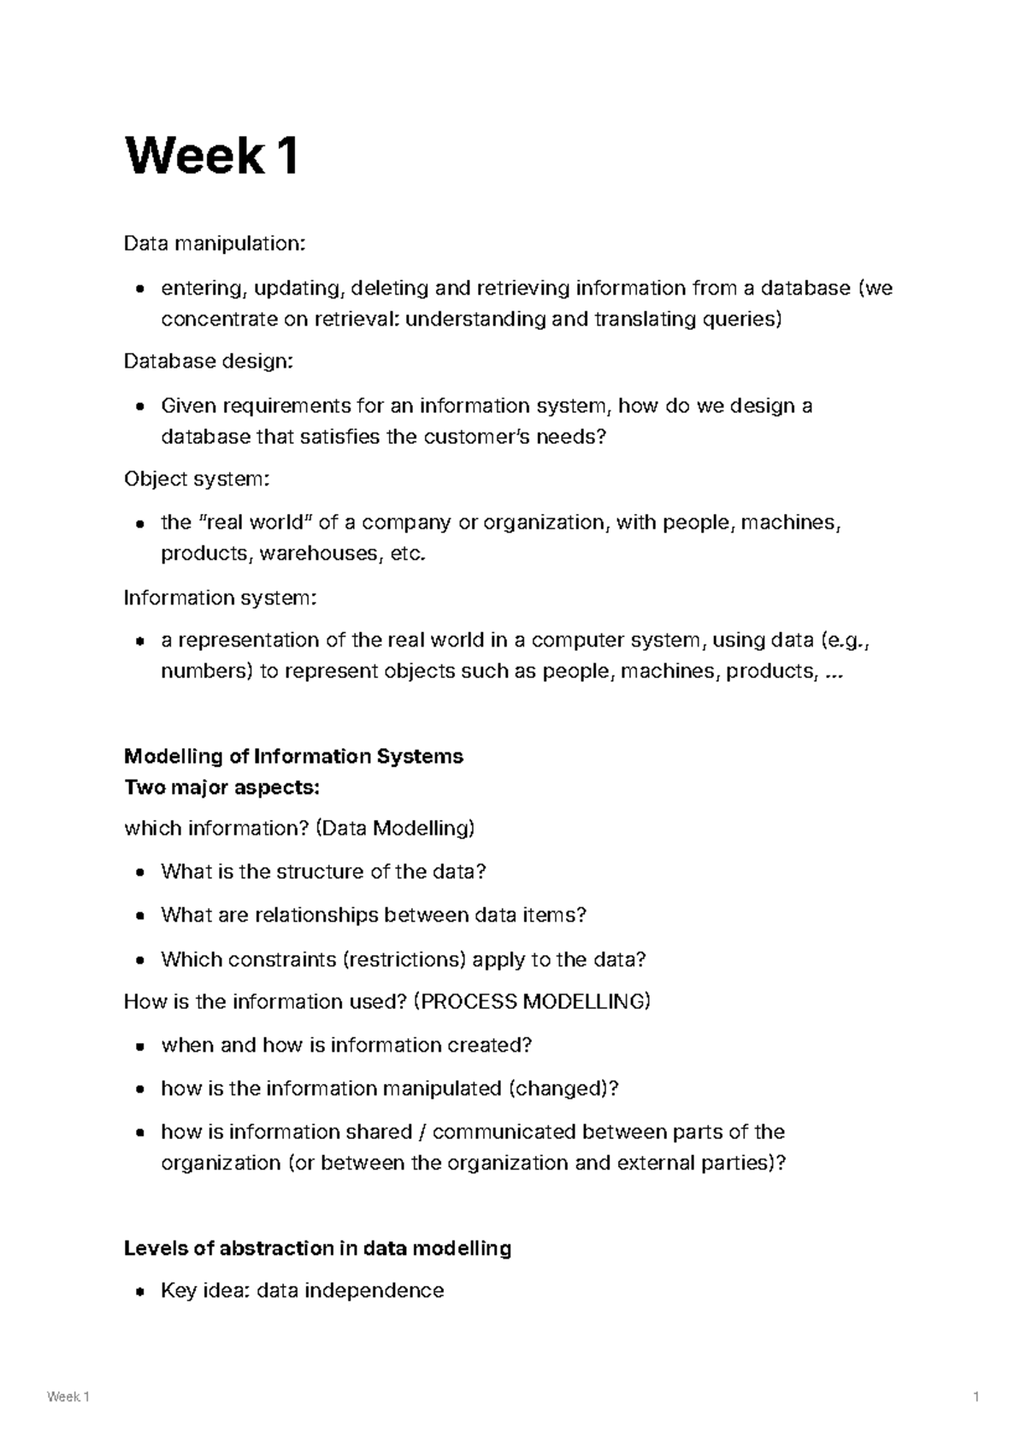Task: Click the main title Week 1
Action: [211, 157]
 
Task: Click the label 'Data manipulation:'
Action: [214, 245]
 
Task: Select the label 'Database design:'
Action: [209, 362]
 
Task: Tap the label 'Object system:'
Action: [197, 479]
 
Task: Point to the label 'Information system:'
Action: [221, 597]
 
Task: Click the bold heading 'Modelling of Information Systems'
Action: [293, 756]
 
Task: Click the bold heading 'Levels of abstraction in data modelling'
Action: [317, 1248]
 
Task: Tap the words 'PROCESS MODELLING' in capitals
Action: [531, 1001]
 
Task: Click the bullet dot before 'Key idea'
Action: [139, 1292]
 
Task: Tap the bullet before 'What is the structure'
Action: [139, 873]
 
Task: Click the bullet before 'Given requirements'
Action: [139, 407]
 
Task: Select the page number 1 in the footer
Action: [976, 1397]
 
